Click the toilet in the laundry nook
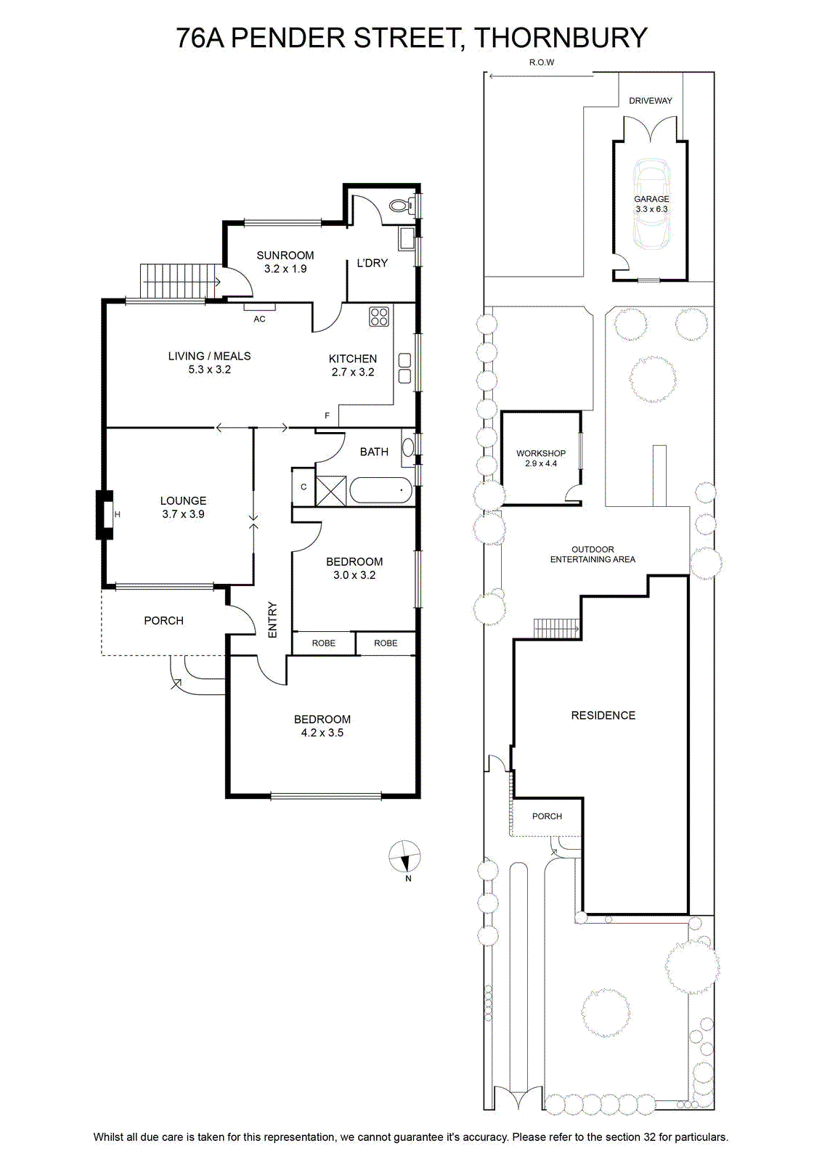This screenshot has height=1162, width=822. [x=402, y=206]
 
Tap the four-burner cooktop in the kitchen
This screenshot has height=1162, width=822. [x=378, y=317]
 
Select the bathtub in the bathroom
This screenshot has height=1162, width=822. [x=381, y=490]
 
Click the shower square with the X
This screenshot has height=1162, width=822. [x=330, y=490]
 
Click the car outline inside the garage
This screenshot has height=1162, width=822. [x=651, y=204]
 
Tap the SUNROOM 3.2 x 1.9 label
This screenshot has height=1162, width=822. [x=285, y=262]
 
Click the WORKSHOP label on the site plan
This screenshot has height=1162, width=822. [x=541, y=453]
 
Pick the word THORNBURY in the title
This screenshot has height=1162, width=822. [x=561, y=38]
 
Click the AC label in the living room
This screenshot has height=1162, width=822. [x=259, y=319]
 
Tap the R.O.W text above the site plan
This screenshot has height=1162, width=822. [x=542, y=62]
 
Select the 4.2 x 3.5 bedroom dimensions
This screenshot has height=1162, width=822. [x=322, y=733]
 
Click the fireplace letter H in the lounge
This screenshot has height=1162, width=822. [x=117, y=515]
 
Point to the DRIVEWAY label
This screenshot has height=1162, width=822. [x=651, y=101]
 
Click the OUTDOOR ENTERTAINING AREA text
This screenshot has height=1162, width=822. [x=593, y=554]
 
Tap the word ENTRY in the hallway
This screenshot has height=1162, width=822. [x=273, y=620]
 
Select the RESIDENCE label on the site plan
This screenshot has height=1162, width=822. [x=603, y=715]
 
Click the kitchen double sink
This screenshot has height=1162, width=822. [x=404, y=368]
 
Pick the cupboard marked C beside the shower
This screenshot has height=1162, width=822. [x=304, y=487]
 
